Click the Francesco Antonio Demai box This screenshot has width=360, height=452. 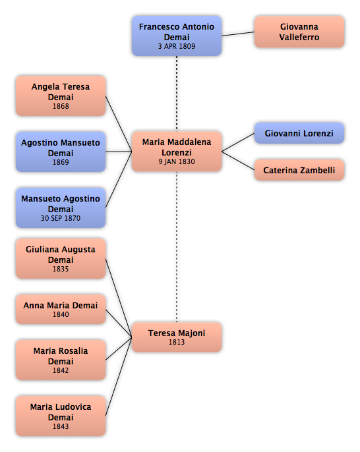click(177, 36)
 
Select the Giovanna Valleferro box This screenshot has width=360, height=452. click(299, 32)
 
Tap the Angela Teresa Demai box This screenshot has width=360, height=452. click(61, 96)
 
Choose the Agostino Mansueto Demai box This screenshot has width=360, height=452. click(61, 152)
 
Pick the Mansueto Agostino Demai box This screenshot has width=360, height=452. click(61, 208)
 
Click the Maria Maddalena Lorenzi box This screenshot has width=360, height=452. click(177, 152)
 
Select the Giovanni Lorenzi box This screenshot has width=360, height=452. click(299, 133)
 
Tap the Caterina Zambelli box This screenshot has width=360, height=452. click(299, 170)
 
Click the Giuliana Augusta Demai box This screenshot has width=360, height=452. click(61, 258)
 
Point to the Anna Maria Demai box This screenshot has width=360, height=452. click(61, 309)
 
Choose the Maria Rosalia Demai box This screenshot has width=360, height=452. click(61, 360)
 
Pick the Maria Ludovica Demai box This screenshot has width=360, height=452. click(61, 416)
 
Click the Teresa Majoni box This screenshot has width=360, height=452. click(177, 337)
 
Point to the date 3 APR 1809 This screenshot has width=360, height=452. click(177, 46)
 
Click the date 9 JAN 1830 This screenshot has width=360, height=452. click(177, 161)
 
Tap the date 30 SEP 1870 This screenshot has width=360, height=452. click(61, 218)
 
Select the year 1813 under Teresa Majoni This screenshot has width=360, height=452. click(177, 342)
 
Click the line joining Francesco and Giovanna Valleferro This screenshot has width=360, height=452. click(238, 34)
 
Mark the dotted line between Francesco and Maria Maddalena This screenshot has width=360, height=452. click(177, 94)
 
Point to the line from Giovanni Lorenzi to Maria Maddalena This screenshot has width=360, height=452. click(238, 142)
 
